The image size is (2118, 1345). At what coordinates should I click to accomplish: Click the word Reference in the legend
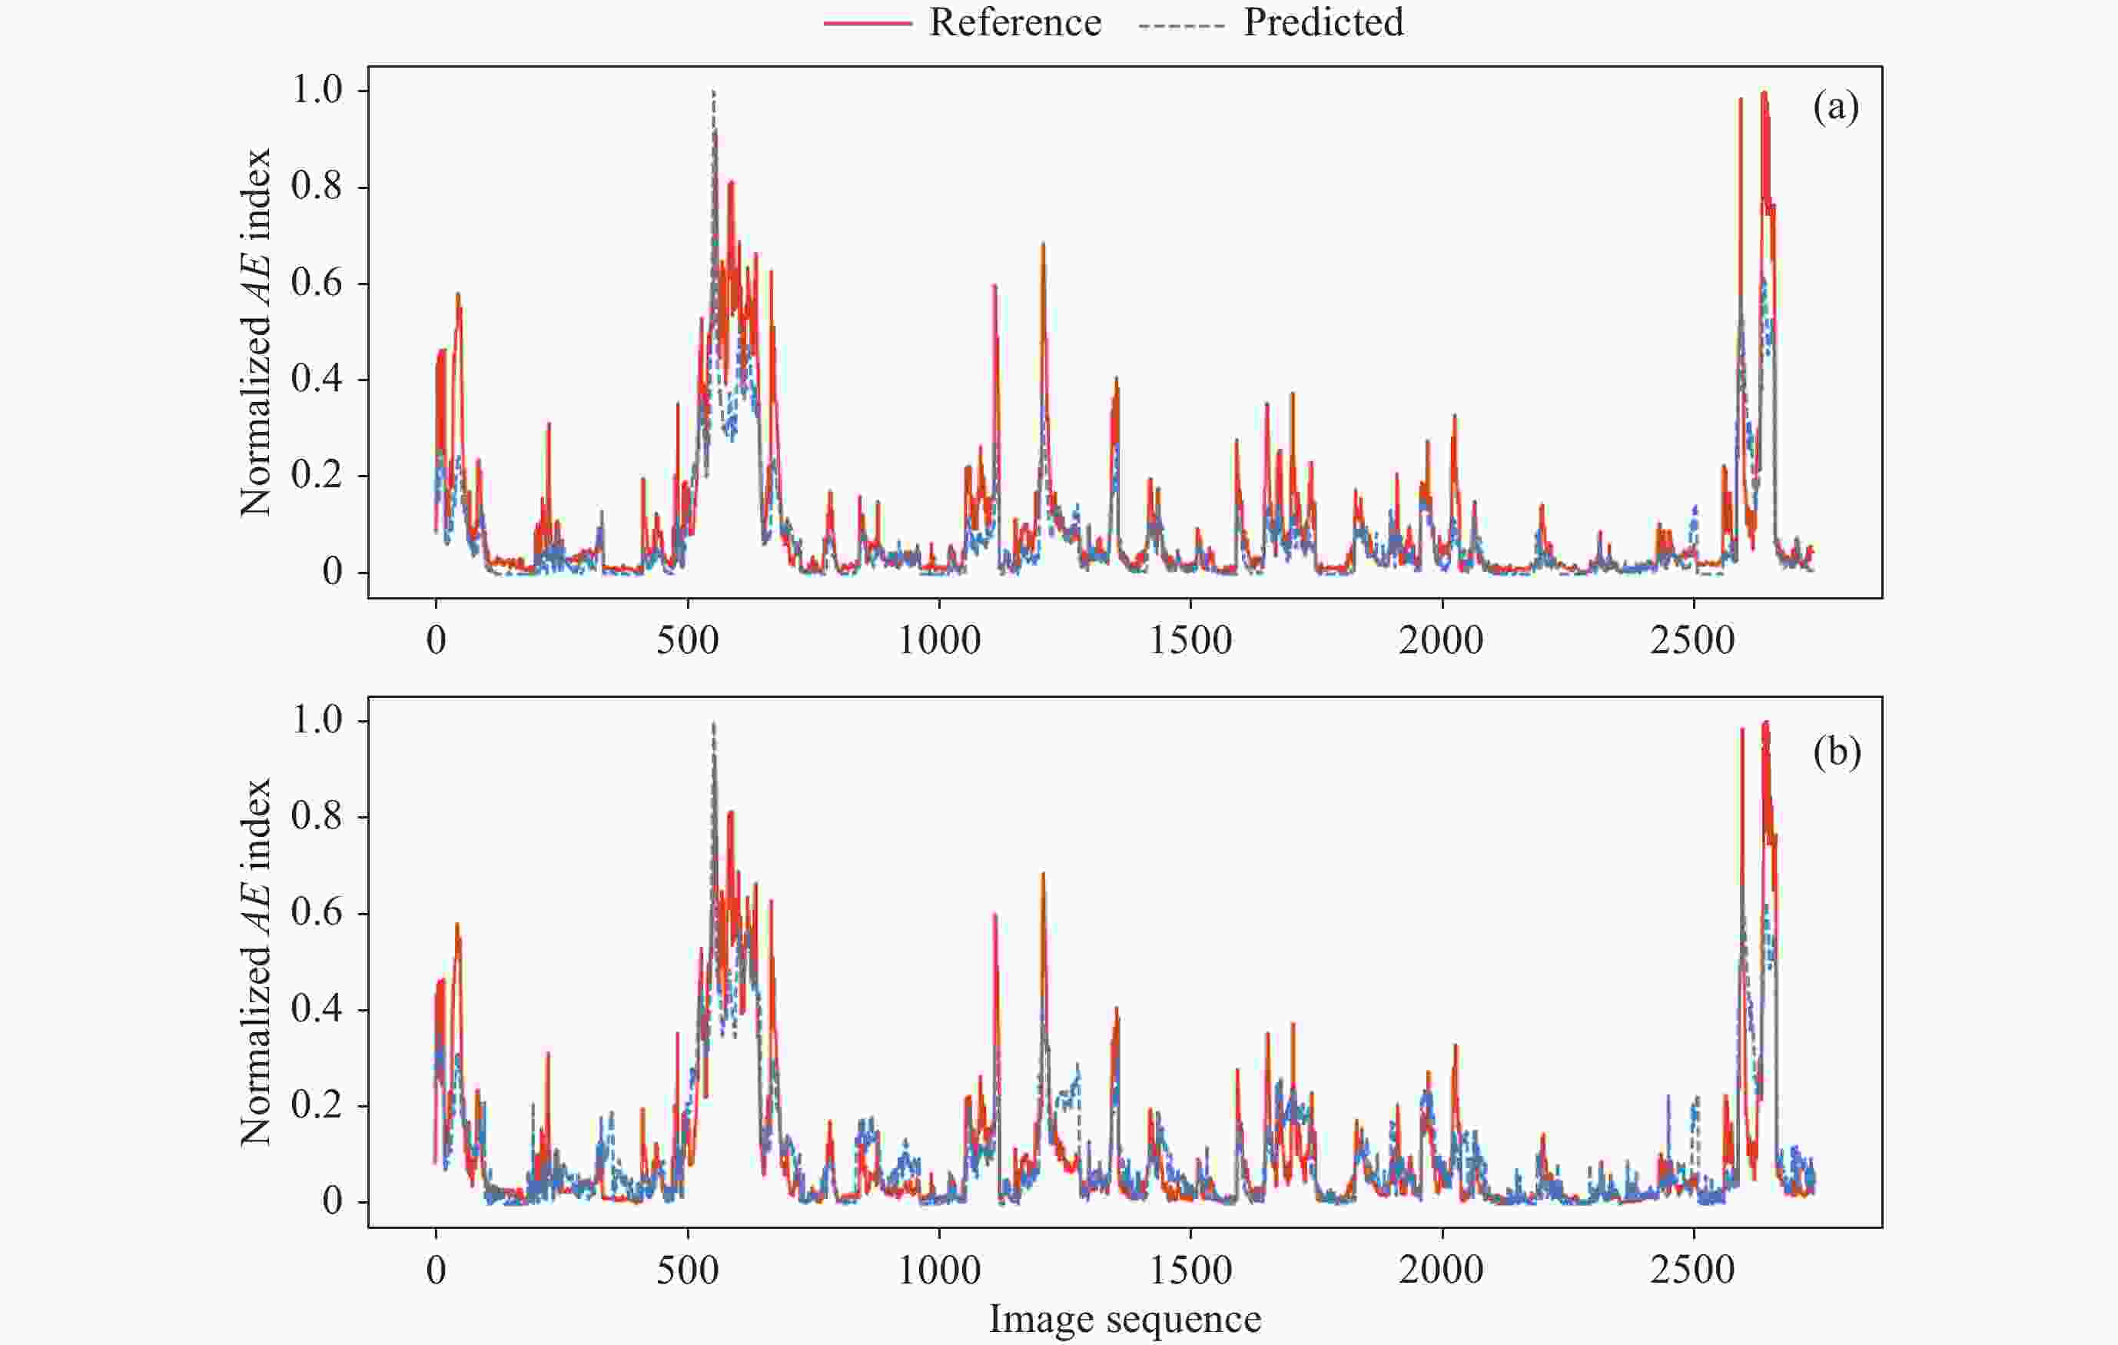[x=1014, y=23]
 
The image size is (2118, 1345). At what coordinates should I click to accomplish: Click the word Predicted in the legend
[x=1323, y=23]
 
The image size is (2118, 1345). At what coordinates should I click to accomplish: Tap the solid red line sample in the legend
[x=867, y=24]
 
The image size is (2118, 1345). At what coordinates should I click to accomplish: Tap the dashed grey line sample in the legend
[x=1181, y=24]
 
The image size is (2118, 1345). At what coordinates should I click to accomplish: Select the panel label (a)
[x=1836, y=108]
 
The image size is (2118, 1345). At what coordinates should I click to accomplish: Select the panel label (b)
[x=1837, y=753]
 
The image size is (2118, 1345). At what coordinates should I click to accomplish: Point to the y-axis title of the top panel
[x=256, y=333]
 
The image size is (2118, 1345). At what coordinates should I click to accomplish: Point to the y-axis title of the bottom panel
[x=256, y=962]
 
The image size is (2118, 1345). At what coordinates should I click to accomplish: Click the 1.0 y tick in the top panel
[x=317, y=90]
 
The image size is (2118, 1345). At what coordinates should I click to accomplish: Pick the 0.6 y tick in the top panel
[x=317, y=284]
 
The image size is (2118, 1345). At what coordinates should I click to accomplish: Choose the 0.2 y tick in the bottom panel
[x=317, y=1105]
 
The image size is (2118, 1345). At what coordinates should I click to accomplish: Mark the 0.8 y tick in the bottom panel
[x=317, y=816]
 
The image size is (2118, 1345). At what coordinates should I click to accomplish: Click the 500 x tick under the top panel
[x=687, y=640]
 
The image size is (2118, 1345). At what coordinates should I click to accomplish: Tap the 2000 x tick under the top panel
[x=1442, y=640]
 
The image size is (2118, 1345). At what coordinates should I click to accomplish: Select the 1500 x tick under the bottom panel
[x=1190, y=1270]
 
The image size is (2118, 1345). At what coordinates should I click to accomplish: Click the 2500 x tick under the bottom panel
[x=1693, y=1270]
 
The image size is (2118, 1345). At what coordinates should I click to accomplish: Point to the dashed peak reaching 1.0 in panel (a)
[x=713, y=92]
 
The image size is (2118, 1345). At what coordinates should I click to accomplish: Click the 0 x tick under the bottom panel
[x=436, y=1270]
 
